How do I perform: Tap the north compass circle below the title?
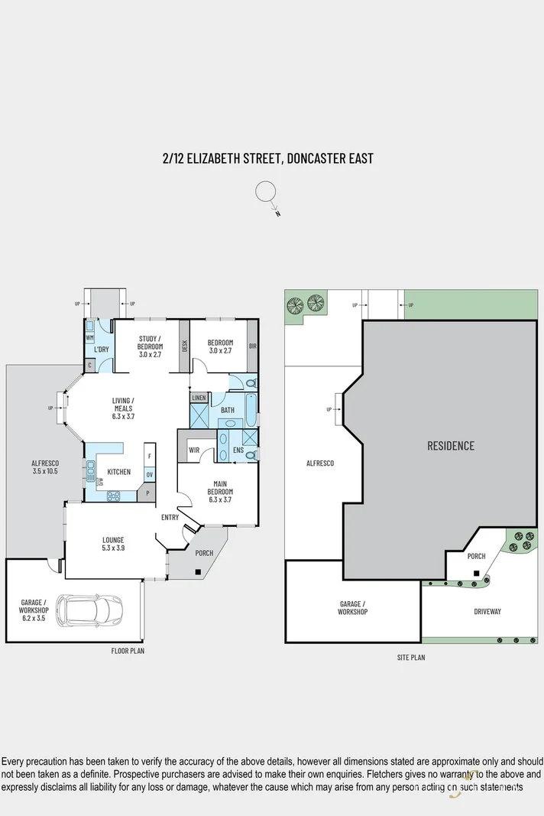point(265,191)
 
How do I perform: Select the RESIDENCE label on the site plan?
point(450,446)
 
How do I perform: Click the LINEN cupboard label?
point(199,398)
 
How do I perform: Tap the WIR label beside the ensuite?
point(194,450)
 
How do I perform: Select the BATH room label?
point(228,411)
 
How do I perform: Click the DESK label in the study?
point(184,346)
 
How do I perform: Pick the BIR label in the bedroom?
point(252,346)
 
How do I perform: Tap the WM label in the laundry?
point(89,337)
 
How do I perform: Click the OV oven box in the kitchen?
point(150,474)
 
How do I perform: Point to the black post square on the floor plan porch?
point(198,571)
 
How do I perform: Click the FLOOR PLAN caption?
point(127,652)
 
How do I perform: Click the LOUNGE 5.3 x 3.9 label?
point(113,544)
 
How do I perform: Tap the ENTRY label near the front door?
point(170,518)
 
